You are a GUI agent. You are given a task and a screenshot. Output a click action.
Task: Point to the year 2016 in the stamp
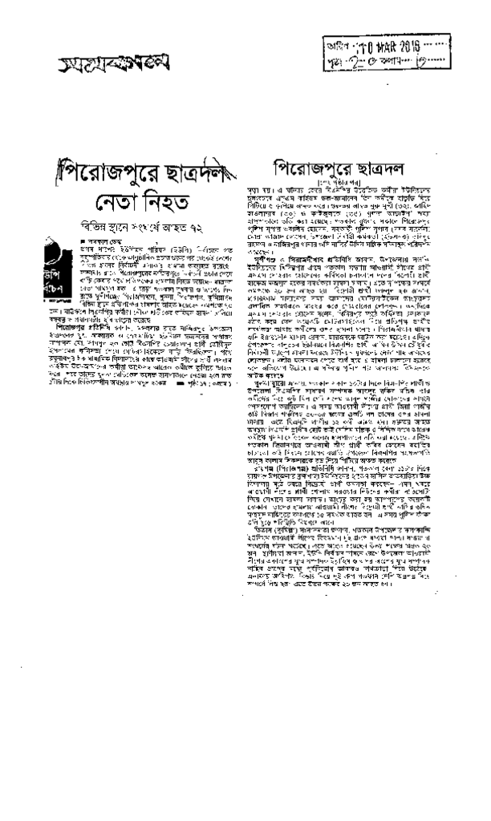[410, 42]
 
